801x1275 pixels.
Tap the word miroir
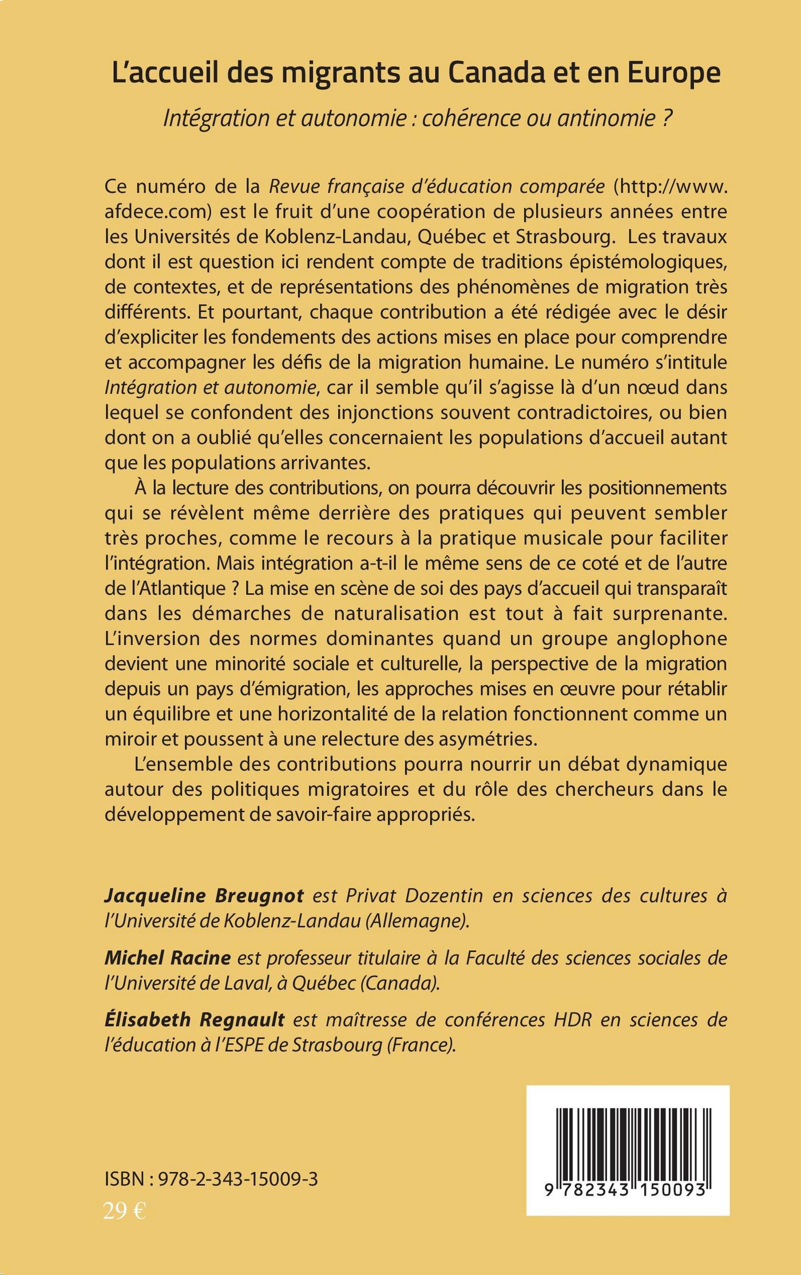click(128, 739)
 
